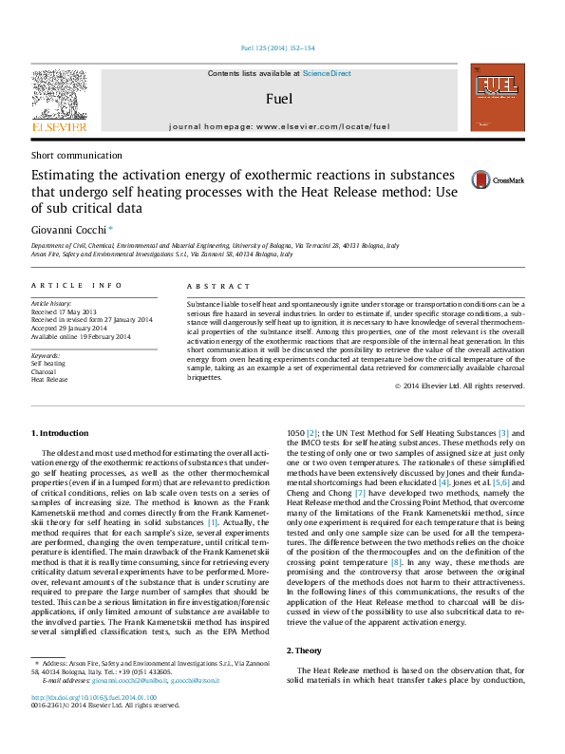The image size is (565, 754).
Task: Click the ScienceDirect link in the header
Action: (x=327, y=73)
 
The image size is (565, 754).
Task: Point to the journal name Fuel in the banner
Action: (x=279, y=99)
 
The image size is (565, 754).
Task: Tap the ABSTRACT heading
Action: (x=211, y=286)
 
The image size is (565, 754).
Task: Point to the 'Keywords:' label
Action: (x=47, y=354)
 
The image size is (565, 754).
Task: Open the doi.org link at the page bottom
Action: (x=94, y=697)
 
